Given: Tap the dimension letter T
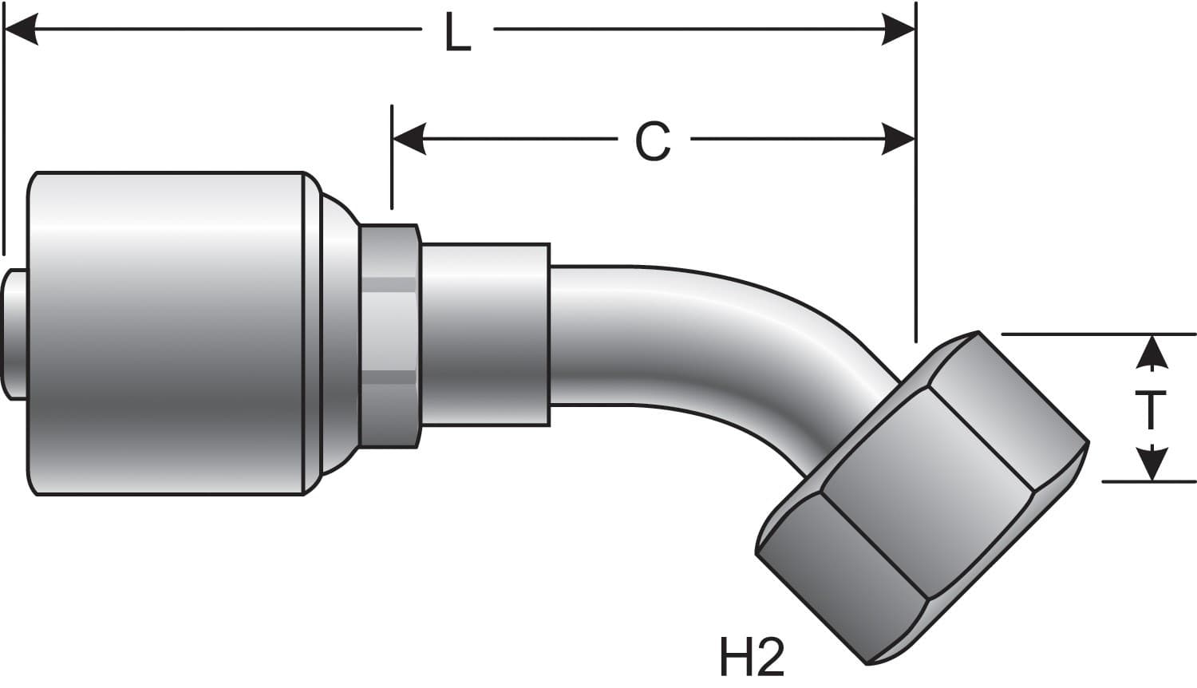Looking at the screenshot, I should [1150, 410].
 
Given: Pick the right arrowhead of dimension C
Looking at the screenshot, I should [897, 140].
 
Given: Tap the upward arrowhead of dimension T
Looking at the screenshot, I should [1151, 352].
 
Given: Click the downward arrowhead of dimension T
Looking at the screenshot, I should [1151, 465].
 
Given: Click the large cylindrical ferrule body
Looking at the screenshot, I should [168, 334].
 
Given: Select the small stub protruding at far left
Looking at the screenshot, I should [14, 334].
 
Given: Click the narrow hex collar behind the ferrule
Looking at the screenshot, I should [389, 335].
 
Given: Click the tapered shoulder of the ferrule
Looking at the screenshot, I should [335, 334].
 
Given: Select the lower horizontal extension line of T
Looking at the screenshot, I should [1149, 481].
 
